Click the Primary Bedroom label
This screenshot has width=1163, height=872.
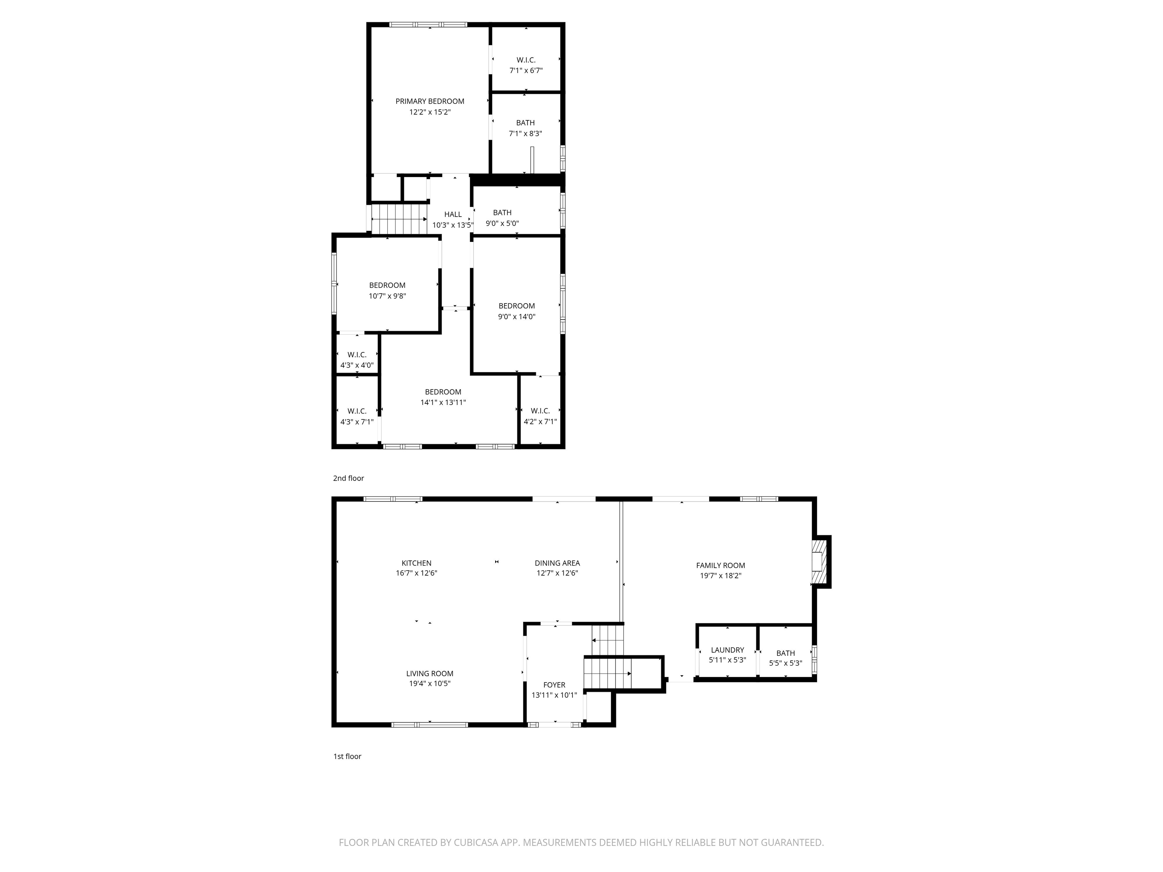pos(430,101)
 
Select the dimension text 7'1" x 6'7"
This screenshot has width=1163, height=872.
pos(526,70)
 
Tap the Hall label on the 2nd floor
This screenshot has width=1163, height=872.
pos(453,215)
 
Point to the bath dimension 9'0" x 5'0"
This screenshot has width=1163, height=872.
pos(502,223)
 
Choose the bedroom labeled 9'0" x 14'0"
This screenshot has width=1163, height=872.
pos(516,311)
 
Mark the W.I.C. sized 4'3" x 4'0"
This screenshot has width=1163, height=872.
pos(357,360)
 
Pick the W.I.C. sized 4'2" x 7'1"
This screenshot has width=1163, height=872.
pos(540,416)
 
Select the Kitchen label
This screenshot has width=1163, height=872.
pos(416,563)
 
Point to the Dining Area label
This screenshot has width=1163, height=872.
pos(557,563)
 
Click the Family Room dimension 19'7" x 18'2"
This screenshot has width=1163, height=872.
pos(720,576)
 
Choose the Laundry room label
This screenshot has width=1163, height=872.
pos(727,650)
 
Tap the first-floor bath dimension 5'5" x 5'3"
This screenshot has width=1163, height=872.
pos(786,663)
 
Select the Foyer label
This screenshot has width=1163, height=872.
pos(554,685)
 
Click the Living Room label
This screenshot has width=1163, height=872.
pos(430,673)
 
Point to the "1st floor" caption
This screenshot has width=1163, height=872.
pos(347,756)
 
